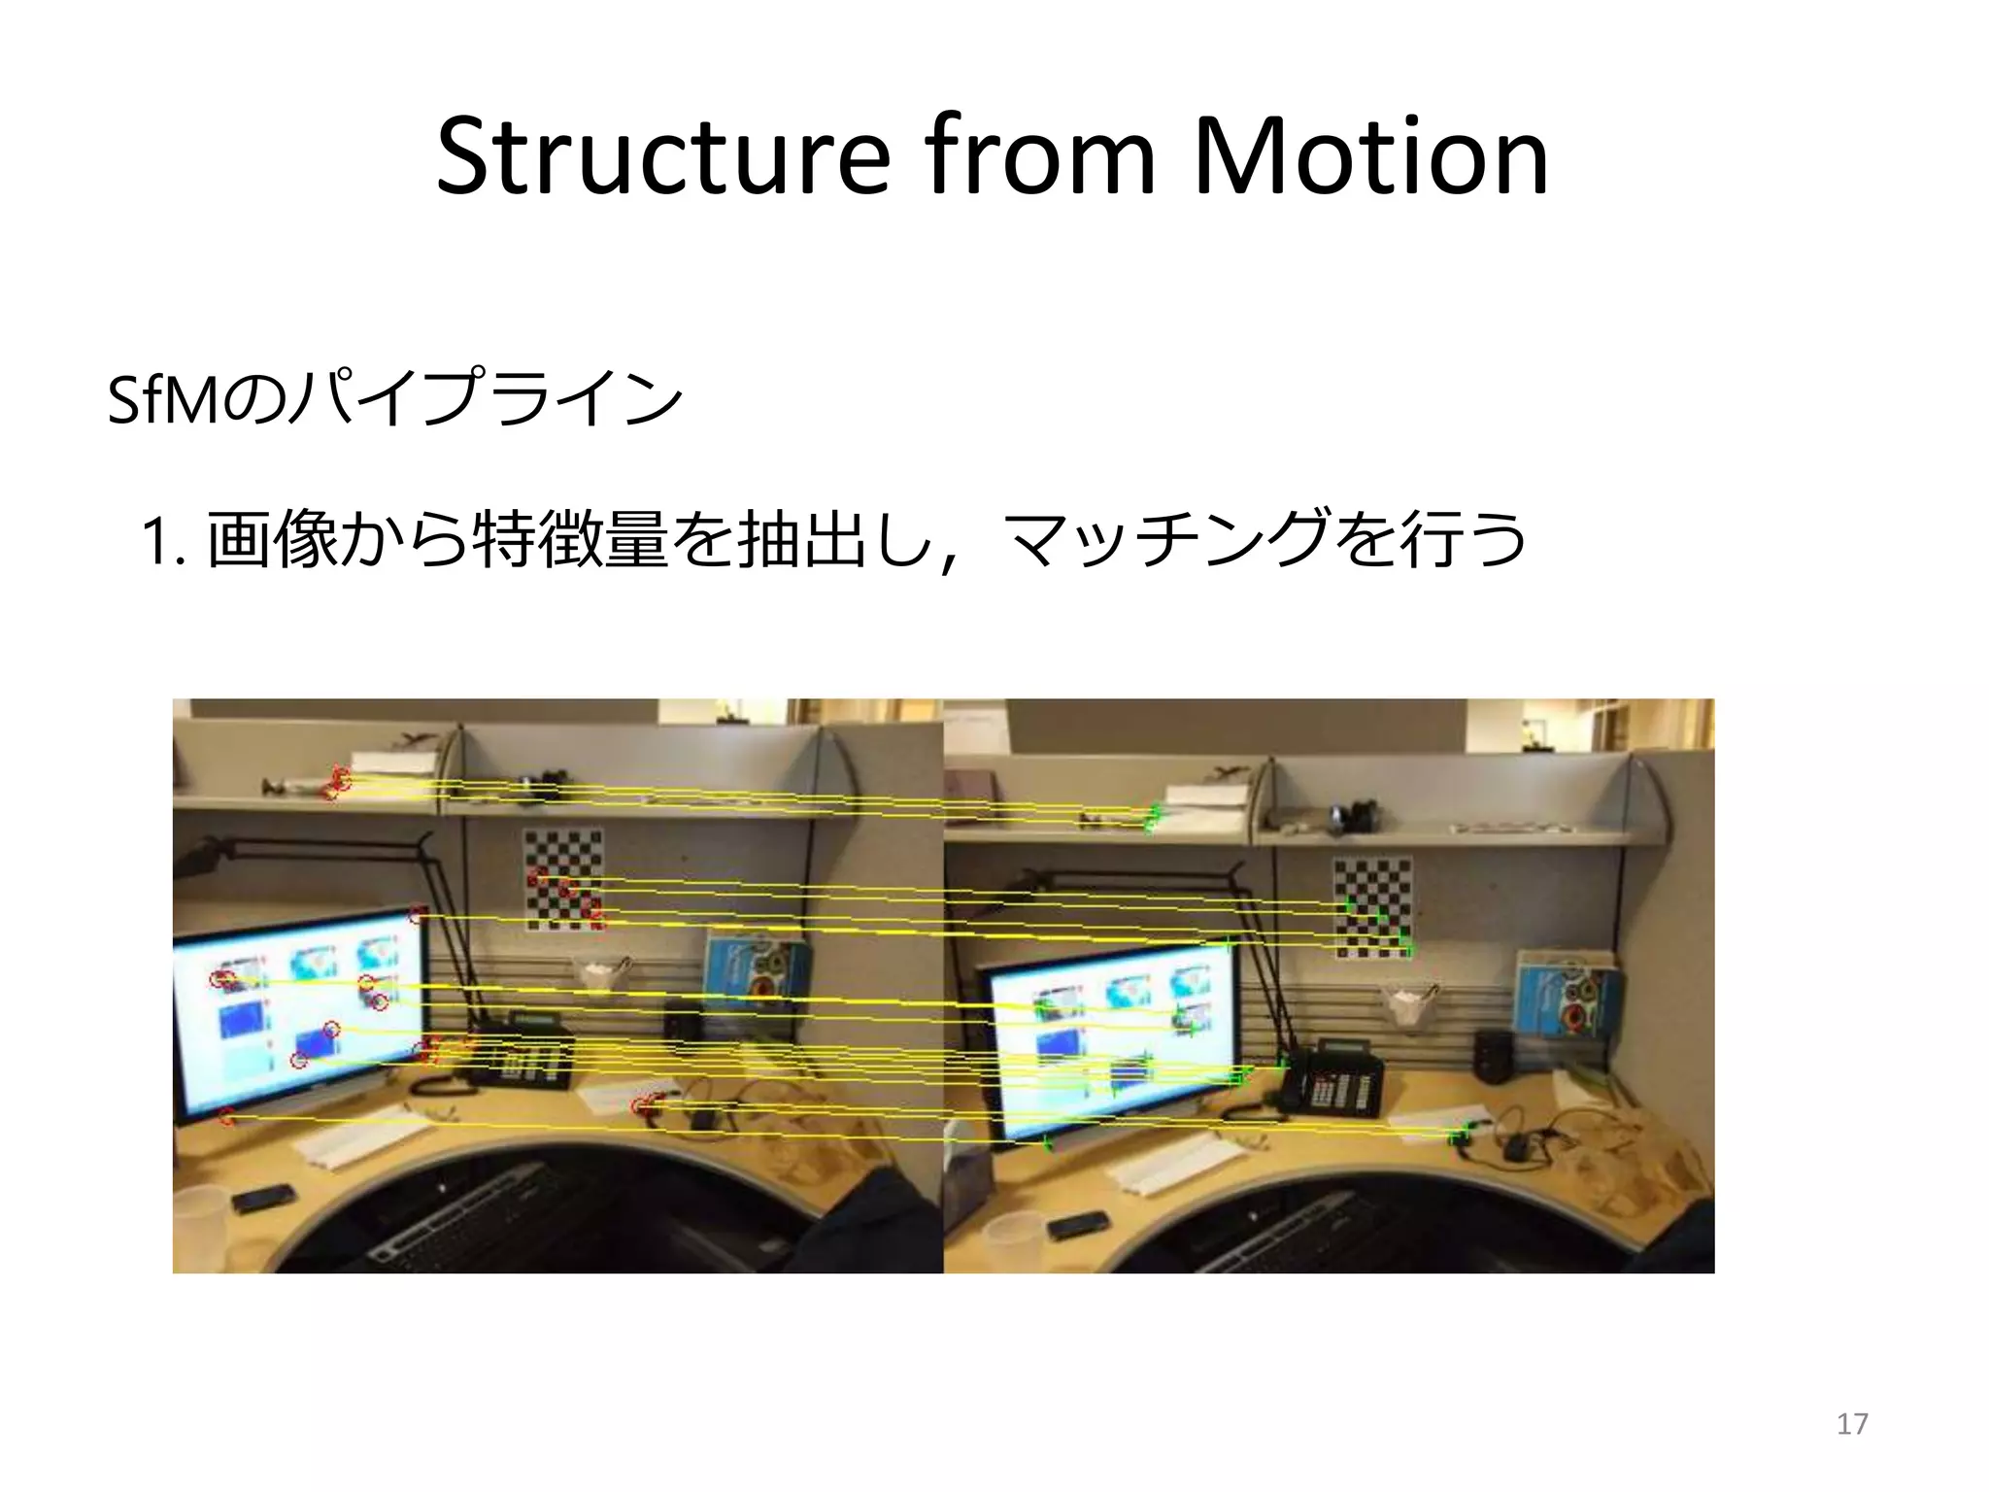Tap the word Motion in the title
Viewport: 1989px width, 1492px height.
1369,157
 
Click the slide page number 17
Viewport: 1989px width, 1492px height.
1852,1424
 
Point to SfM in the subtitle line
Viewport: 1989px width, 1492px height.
163,400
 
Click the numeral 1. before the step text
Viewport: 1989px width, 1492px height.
162,542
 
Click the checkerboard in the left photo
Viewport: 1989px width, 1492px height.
563,879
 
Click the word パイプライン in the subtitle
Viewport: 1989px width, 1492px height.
486,400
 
